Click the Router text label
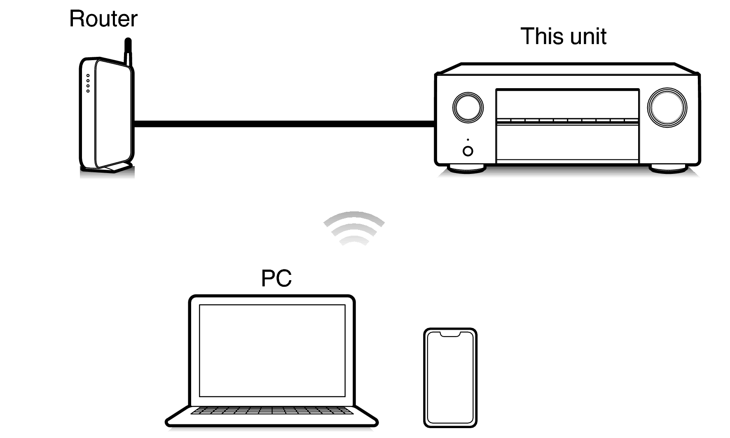103,19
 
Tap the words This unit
563,36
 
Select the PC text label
276,278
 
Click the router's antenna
129,52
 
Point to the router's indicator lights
88,83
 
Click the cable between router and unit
284,124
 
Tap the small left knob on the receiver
468,107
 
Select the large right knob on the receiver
667,107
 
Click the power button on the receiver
468,151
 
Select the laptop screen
272,350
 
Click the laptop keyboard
272,410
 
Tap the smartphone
450,377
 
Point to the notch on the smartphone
450,334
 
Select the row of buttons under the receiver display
567,121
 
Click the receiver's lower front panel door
567,142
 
